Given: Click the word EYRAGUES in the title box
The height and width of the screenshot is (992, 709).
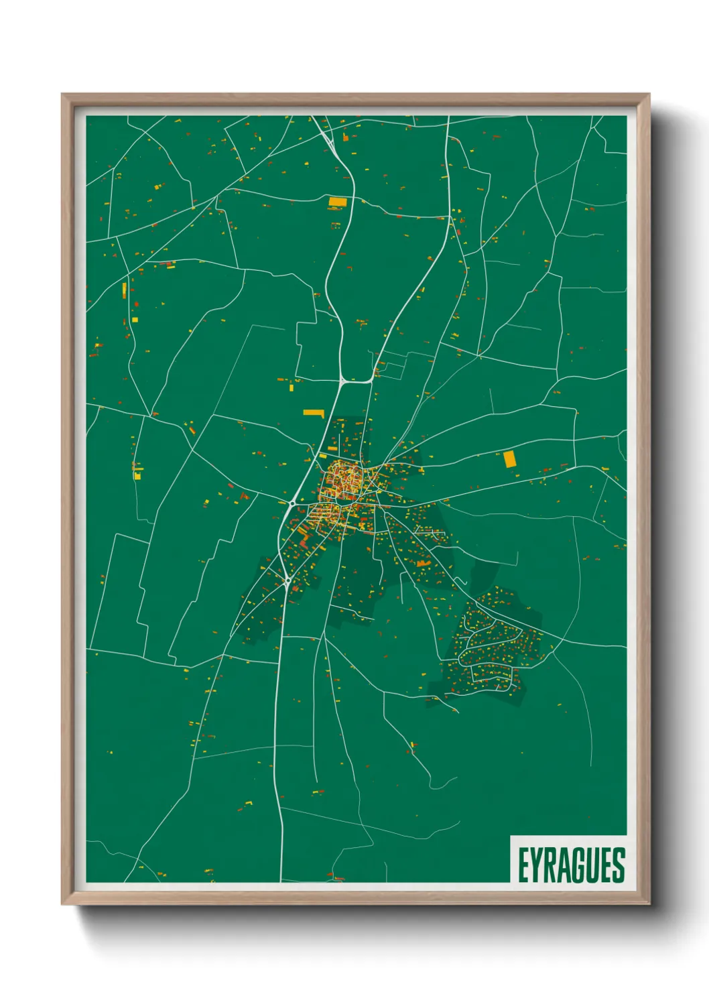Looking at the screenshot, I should tap(571, 865).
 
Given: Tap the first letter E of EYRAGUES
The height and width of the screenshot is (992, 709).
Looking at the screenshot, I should tap(523, 865).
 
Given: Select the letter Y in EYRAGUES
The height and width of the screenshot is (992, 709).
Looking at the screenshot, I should tap(536, 865).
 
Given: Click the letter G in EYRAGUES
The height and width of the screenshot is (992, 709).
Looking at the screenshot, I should tap(578, 865).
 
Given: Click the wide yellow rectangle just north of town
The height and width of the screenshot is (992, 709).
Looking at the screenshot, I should tap(314, 413).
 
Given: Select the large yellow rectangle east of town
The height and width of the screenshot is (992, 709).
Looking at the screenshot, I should tap(510, 459).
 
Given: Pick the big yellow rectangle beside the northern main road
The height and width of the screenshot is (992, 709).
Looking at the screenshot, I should tap(338, 201).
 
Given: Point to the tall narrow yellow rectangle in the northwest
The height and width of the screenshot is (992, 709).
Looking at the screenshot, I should tap(125, 290).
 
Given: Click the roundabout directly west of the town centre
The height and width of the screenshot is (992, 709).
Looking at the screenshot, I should tap(294, 502).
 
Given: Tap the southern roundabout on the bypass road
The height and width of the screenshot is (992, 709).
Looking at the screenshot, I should tap(287, 582).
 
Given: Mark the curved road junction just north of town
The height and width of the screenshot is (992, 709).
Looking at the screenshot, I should tap(344, 381).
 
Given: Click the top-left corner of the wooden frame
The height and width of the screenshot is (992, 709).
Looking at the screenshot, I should tap(63, 95).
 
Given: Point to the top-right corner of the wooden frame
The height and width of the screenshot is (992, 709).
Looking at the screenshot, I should tap(648, 95).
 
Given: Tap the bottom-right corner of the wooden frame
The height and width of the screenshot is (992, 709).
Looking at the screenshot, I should tap(648, 903).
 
